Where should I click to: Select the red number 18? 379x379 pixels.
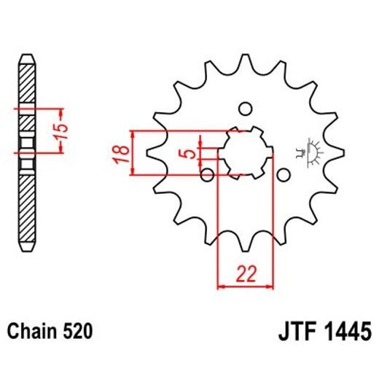125,153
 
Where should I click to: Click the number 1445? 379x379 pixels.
346,332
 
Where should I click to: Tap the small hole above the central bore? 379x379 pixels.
246,109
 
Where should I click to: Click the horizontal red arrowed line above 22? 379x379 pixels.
245,286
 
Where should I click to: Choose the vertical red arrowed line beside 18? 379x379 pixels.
133,153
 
